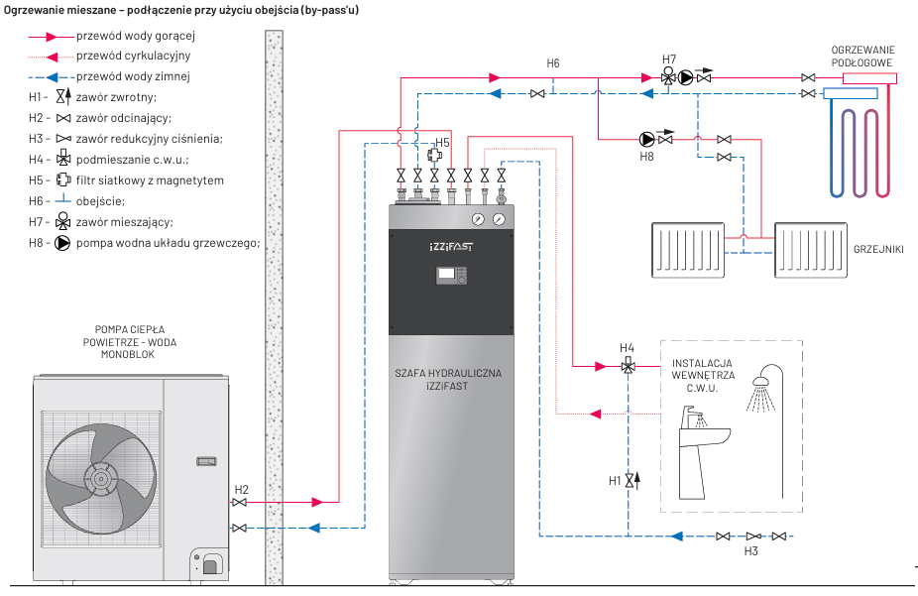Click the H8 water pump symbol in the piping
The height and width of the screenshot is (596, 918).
pyautogui.click(x=647, y=139)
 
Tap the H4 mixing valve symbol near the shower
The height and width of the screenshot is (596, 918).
pyautogui.click(x=628, y=366)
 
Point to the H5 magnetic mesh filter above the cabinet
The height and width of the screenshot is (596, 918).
pyautogui.click(x=433, y=156)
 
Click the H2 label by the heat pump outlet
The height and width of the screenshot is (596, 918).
pyautogui.click(x=242, y=490)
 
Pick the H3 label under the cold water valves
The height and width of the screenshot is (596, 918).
pyautogui.click(x=750, y=550)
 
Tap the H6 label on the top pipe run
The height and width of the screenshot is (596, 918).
pyautogui.click(x=553, y=63)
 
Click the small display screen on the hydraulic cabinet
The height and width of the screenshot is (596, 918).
pyautogui.click(x=451, y=275)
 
